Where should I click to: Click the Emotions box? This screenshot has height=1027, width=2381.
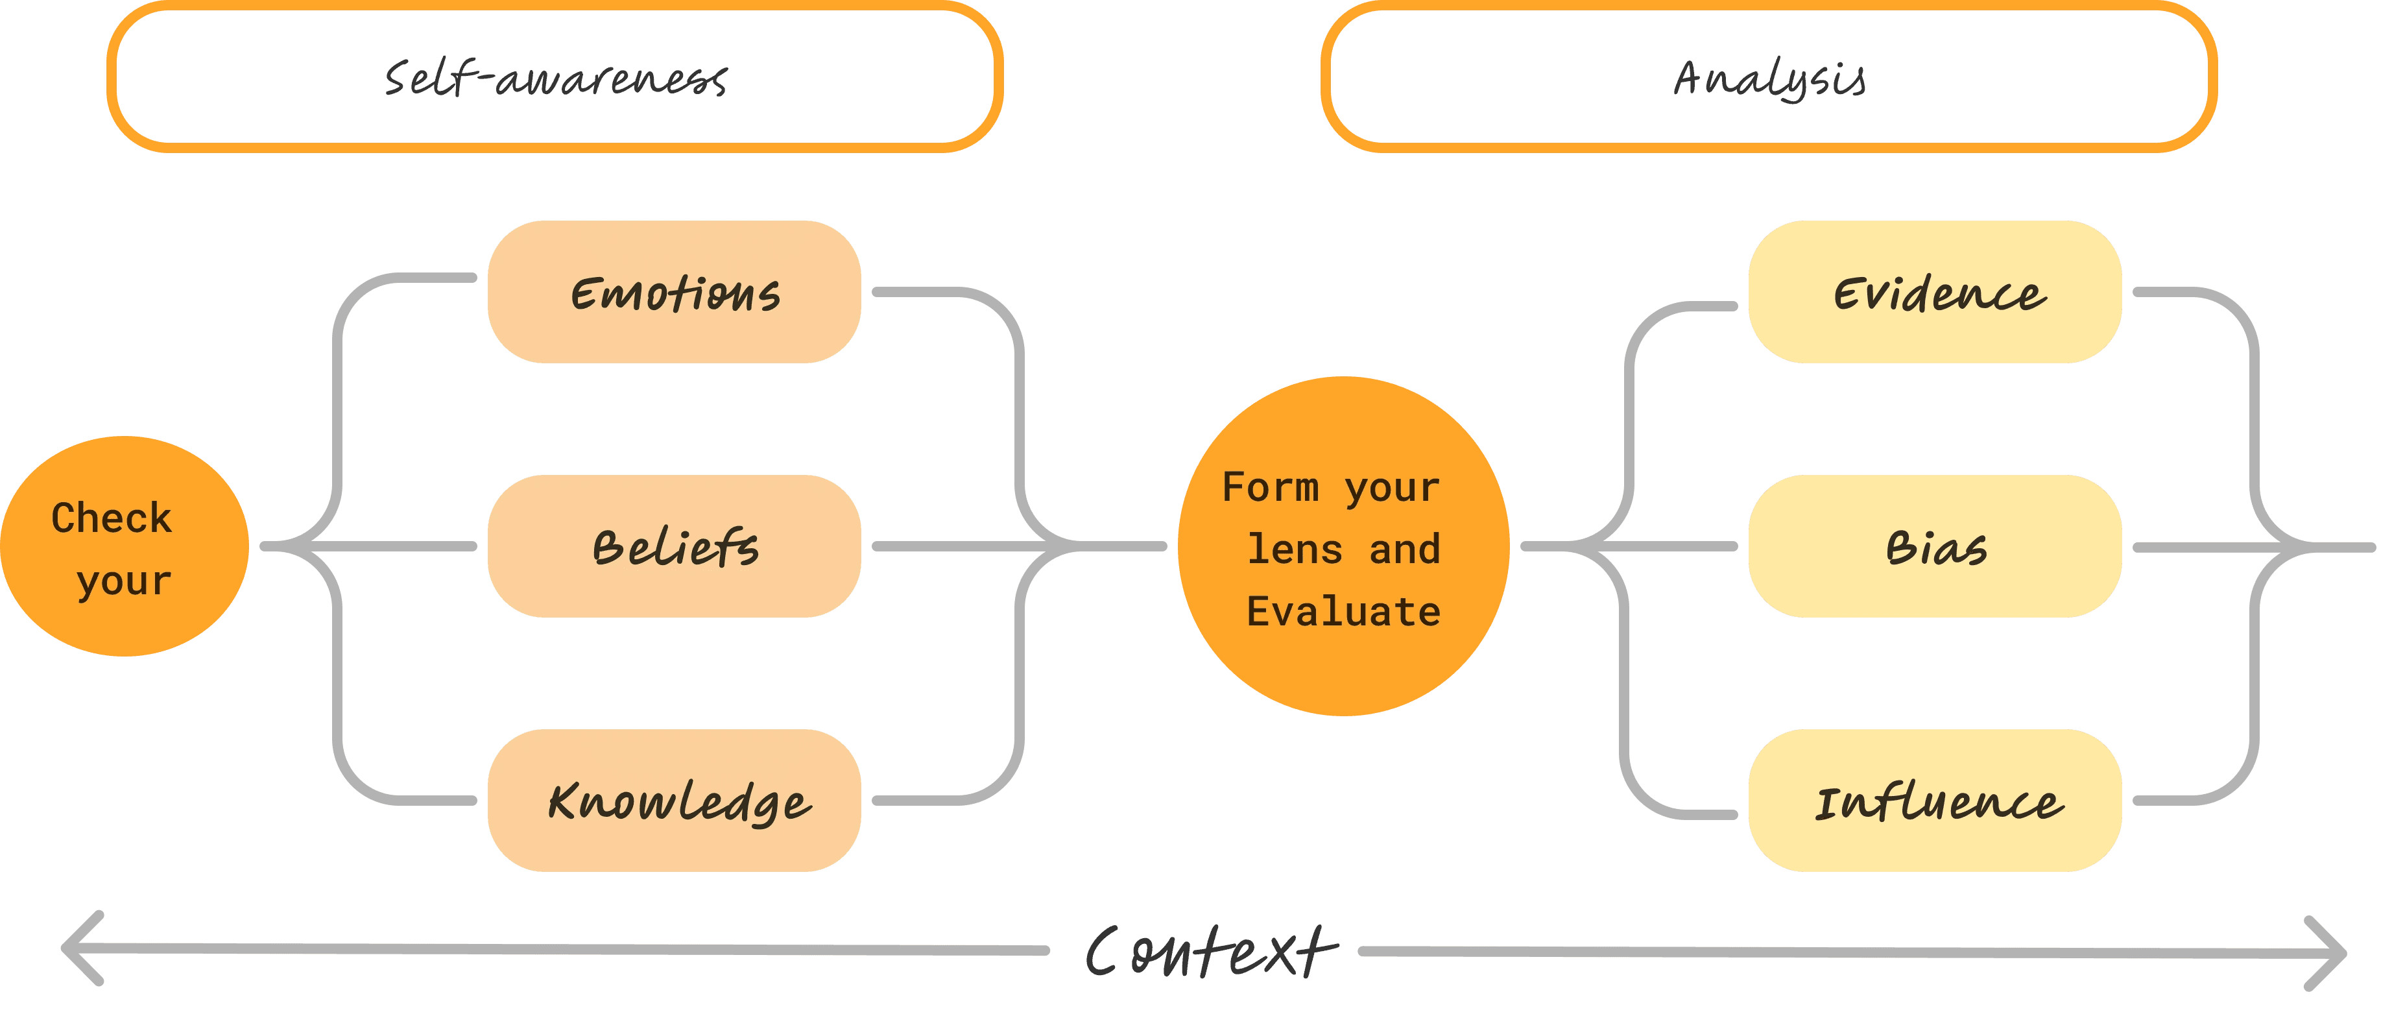[674, 292]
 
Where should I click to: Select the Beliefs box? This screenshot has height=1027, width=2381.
[674, 546]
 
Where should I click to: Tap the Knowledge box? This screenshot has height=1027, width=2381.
[674, 801]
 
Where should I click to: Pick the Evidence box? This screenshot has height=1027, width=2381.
[1935, 292]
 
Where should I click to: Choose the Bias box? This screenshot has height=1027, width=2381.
[1935, 546]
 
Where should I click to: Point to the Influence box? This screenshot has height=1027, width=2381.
[1935, 801]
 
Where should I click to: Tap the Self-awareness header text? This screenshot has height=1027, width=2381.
[555, 79]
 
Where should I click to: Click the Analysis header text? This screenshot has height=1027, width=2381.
[1769, 79]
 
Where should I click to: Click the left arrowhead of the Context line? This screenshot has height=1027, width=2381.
[78, 948]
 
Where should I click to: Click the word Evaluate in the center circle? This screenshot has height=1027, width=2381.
[1343, 612]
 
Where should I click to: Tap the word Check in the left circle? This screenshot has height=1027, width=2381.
[112, 518]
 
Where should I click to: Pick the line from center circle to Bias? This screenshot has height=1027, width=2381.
[1664, 546]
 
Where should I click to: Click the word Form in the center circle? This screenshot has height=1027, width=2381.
[1270, 487]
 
